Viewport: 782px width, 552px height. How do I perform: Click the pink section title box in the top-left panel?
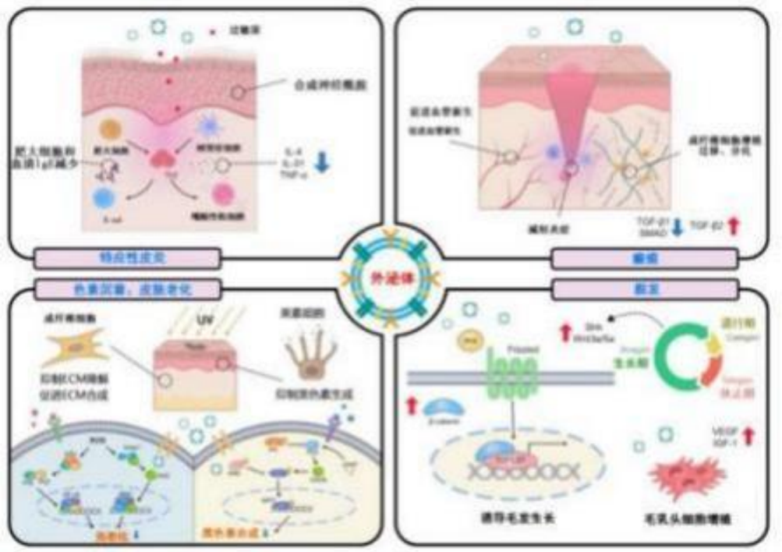click(128, 257)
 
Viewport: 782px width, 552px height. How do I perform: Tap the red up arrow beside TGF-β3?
click(732, 226)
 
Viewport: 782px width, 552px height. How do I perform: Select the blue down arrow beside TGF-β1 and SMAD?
click(677, 227)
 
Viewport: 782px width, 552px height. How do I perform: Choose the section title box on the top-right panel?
click(637, 257)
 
